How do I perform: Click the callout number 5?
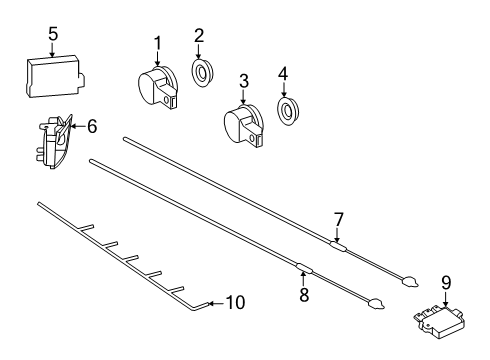(53, 34)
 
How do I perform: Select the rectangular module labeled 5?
(55, 77)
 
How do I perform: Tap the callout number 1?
(157, 43)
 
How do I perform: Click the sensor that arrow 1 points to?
(158, 86)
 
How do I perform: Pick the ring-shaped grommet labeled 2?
(202, 73)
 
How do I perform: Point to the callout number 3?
(244, 82)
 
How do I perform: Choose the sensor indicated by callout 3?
(244, 126)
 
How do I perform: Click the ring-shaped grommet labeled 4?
(288, 111)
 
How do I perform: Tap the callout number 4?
(283, 74)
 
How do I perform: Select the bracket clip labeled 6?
(53, 142)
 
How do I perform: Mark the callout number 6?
(92, 126)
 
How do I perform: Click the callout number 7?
(338, 220)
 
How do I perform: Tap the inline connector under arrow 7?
(338, 246)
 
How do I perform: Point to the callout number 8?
(304, 294)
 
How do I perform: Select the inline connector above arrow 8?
(304, 267)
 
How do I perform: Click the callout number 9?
(446, 283)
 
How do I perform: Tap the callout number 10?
(235, 303)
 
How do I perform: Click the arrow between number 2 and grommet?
(198, 52)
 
